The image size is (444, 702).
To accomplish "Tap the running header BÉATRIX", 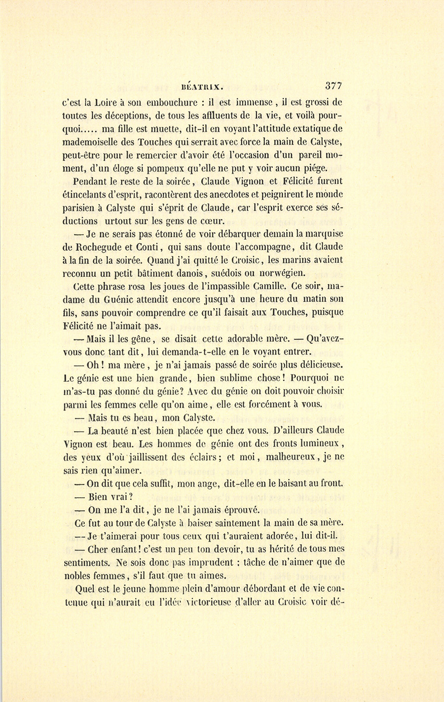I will pos(202,86).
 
